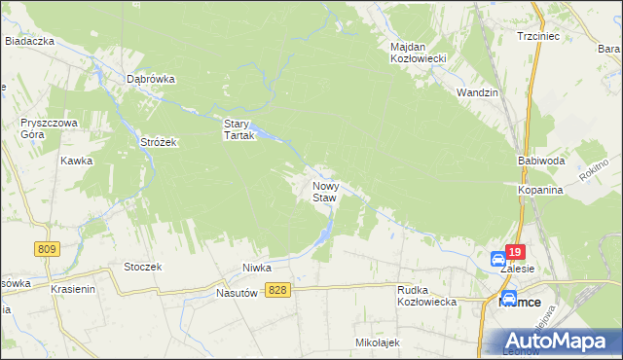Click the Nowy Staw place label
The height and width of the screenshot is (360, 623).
[x=324, y=191]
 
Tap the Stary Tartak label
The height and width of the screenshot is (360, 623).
[x=238, y=129]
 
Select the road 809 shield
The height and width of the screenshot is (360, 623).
[x=46, y=249]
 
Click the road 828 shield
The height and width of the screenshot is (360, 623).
[x=278, y=291]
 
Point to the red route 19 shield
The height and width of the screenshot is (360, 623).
[x=515, y=250]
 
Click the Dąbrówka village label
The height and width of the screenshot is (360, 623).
[x=150, y=80]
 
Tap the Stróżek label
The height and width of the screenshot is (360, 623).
[x=157, y=142]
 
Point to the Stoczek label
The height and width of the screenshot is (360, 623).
[x=142, y=266]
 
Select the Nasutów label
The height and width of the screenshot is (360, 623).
[x=240, y=292]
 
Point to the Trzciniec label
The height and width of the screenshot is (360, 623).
[x=536, y=37]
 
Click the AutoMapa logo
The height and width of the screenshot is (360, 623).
[x=560, y=340]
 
